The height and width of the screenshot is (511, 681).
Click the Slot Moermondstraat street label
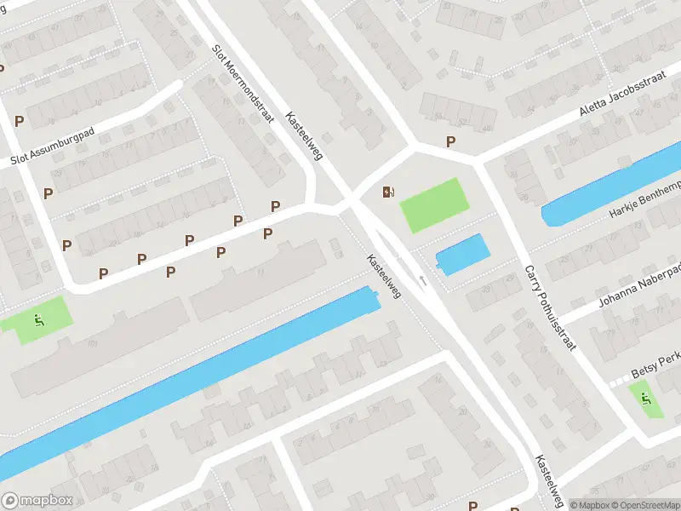click(243, 83)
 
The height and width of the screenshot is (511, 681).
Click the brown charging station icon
click(388, 192)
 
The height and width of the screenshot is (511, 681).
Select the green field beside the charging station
click(435, 205)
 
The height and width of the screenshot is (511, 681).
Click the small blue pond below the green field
click(463, 254)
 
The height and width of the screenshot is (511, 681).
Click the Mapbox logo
click(37, 501)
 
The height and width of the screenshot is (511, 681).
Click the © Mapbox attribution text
click(592, 505)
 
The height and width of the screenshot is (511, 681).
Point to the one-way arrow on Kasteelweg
click(422, 279)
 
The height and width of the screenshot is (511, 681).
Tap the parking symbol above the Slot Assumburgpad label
click(18, 122)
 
